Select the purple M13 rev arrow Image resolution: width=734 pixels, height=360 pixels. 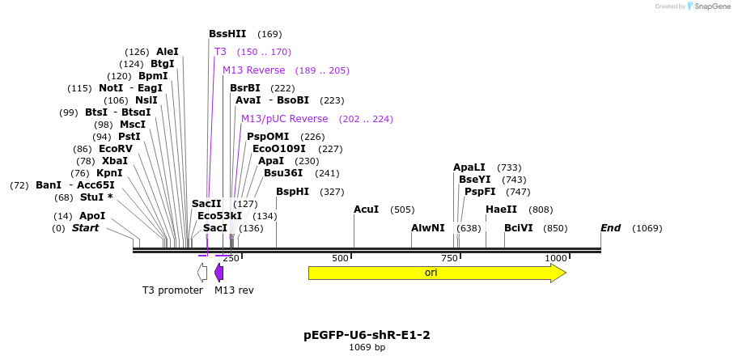click(219, 273)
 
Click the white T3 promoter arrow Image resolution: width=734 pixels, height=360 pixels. click(202, 273)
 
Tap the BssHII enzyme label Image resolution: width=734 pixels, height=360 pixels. click(227, 34)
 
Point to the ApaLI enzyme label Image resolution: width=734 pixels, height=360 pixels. click(469, 167)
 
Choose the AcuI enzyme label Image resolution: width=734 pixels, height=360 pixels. click(366, 210)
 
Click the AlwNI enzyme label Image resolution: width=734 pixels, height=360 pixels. click(427, 228)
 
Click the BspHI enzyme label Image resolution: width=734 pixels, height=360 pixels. click(292, 192)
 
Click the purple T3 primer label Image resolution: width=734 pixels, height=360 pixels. click(220, 52)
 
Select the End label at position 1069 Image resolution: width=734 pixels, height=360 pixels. click(611, 228)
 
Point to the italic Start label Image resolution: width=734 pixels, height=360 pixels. click(85, 228)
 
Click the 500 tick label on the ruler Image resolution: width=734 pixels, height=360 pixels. click(340, 258)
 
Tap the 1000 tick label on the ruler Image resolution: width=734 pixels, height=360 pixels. click(555, 258)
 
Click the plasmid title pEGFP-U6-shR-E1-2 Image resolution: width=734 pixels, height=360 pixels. click(367, 334)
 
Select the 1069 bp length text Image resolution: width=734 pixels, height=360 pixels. click(367, 347)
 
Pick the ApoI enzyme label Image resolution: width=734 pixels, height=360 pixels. click(92, 216)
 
